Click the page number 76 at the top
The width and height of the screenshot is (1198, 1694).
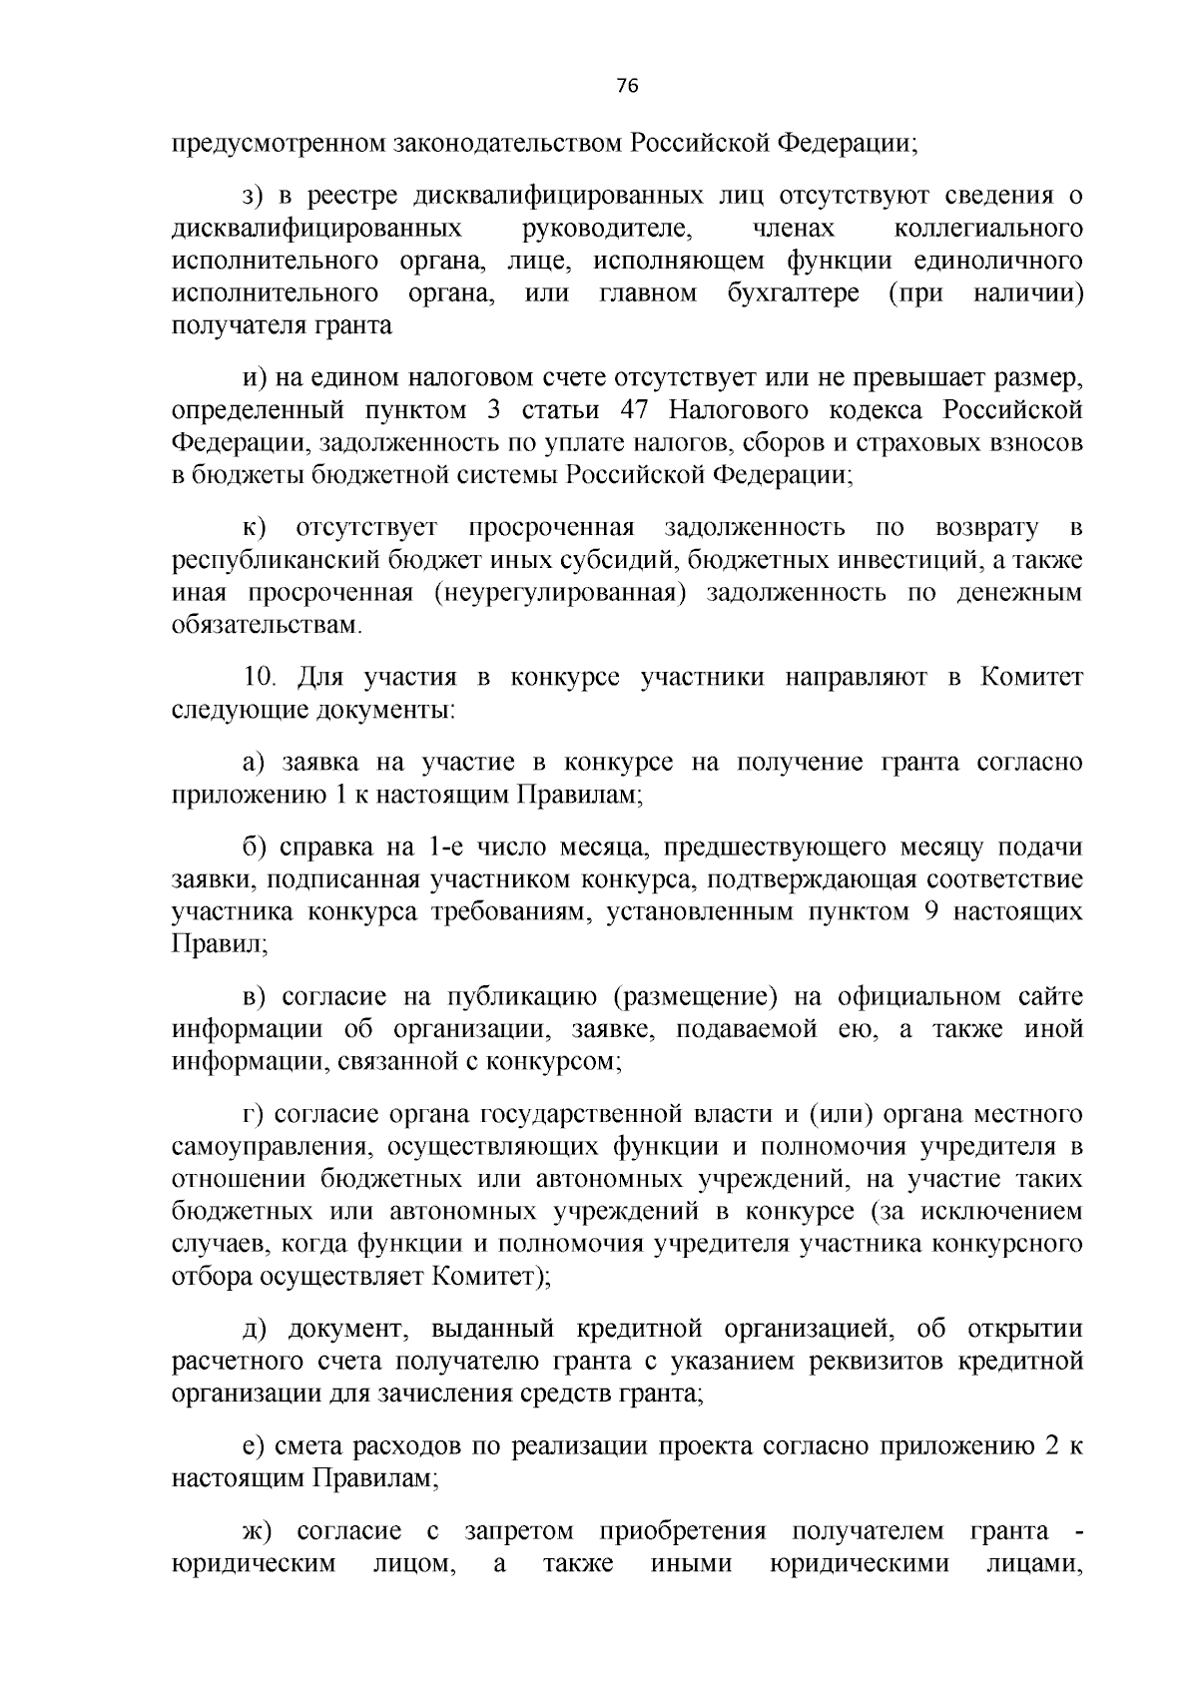pos(627,86)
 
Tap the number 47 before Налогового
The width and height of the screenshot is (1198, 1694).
pos(637,410)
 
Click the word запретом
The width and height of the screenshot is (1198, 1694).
pos(520,1532)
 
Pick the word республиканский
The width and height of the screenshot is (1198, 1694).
pos(269,560)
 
